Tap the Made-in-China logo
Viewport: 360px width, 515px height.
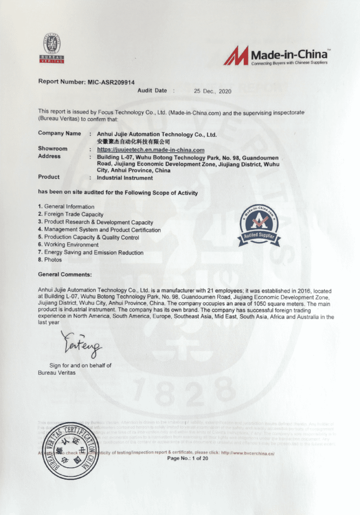click(x=277, y=56)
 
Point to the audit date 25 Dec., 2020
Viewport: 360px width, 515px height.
click(x=213, y=91)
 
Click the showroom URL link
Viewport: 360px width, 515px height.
click(x=150, y=150)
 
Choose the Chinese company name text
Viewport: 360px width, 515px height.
click(x=130, y=142)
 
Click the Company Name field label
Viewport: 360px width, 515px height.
click(x=59, y=134)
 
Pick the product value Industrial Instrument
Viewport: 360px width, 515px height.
click(x=125, y=178)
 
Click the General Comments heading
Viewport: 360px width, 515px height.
click(x=65, y=275)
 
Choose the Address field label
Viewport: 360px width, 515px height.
click(x=49, y=156)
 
